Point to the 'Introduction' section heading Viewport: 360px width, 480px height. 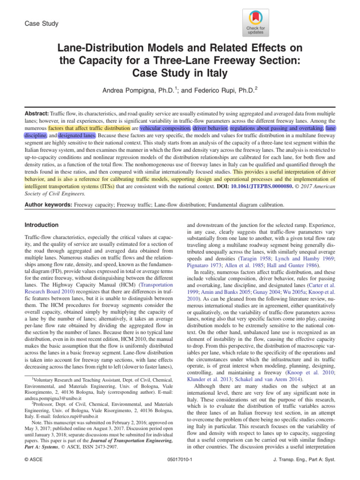coord(41,225)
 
